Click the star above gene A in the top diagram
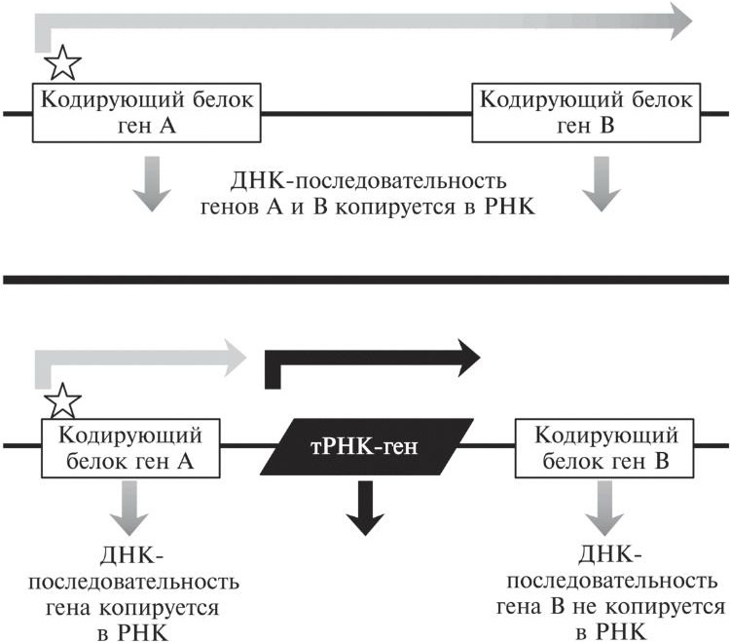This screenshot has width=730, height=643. (x=63, y=65)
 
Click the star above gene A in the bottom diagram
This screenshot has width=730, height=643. (x=64, y=399)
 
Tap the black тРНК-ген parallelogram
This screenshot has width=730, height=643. (x=366, y=448)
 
